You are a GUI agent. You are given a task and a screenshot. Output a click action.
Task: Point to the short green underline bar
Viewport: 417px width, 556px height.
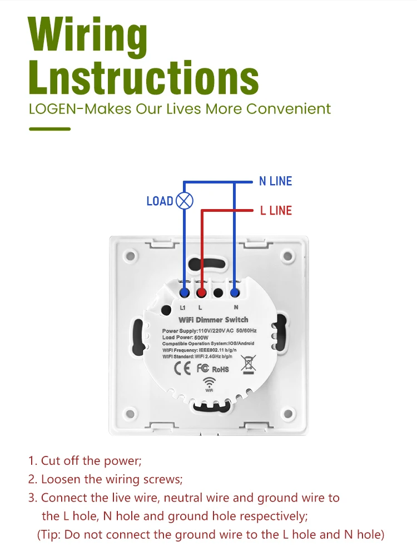coord(49,129)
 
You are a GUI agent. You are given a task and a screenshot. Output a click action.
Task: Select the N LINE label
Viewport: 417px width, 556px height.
coord(275,181)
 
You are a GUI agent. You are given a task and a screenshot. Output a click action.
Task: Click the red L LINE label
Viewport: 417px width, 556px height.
coord(276,210)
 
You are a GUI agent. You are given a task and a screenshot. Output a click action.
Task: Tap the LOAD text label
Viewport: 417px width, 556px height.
coord(160,201)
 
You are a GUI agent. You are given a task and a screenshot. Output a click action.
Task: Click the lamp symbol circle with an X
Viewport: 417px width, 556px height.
coord(184,201)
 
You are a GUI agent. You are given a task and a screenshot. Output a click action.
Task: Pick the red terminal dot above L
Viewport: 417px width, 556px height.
coord(202,292)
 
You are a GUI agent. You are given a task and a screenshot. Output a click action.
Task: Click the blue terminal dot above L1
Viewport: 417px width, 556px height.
coord(185,292)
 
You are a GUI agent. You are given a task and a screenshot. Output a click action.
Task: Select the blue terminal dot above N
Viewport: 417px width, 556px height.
coord(235,292)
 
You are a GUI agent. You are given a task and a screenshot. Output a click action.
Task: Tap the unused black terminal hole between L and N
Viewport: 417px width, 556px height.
coord(219,292)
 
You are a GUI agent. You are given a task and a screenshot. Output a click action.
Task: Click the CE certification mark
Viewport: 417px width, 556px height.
coord(183,368)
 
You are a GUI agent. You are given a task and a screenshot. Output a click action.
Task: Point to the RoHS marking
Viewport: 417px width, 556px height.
coord(220,369)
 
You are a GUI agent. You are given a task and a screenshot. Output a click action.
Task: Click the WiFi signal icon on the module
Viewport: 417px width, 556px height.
coord(210,383)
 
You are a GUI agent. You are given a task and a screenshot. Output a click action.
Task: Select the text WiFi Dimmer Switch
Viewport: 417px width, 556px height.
coord(213,320)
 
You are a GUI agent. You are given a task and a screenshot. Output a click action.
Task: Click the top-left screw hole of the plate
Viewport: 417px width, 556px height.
coord(130,256)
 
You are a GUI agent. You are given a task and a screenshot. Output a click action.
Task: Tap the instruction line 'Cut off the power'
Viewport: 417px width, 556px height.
coord(86,461)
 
